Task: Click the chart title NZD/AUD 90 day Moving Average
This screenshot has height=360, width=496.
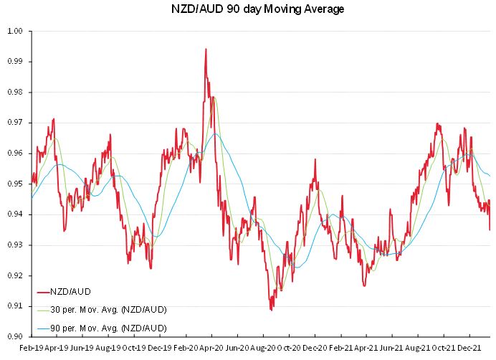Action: coord(248,9)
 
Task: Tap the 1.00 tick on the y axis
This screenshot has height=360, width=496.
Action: coord(16,31)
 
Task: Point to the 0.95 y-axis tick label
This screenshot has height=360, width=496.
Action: coord(16,184)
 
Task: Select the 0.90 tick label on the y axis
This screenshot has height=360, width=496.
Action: coord(16,336)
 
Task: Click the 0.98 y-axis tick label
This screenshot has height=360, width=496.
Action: coord(16,92)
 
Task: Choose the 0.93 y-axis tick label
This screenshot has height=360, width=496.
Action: coord(16,245)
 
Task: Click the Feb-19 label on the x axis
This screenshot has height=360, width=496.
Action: coord(32,349)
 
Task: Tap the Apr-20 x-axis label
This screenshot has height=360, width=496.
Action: coord(212,349)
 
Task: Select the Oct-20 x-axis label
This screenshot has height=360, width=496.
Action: coord(290,349)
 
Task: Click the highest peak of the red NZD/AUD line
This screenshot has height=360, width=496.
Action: coord(206,49)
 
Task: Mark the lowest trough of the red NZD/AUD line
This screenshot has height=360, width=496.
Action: coord(271,310)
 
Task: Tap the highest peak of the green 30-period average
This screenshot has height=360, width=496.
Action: coord(213,96)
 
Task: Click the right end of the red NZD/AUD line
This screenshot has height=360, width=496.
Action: coord(490,229)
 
